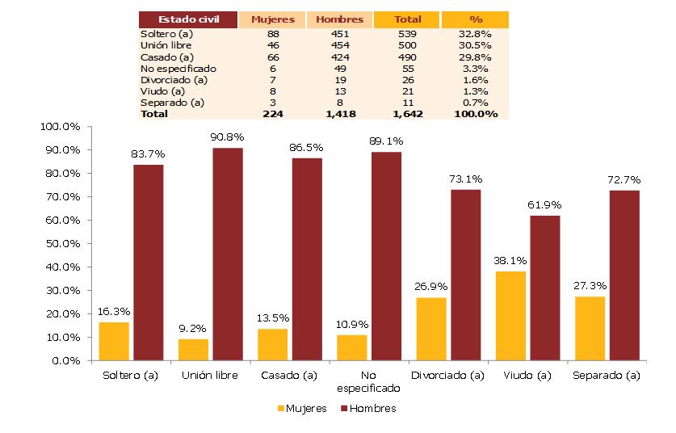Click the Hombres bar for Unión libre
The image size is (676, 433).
click(228, 254)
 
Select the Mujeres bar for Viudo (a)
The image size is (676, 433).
click(510, 316)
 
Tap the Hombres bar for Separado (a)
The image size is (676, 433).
click(624, 275)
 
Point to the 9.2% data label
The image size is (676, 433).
click(193, 329)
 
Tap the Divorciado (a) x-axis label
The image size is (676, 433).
click(447, 376)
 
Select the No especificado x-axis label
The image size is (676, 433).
click(368, 381)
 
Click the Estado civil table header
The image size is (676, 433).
click(187, 19)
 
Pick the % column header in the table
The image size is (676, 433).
click(475, 19)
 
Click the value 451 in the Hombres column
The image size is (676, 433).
click(339, 35)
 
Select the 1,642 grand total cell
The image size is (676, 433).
click(407, 114)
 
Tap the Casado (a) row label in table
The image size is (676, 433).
click(167, 57)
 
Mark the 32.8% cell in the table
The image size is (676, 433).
click(475, 35)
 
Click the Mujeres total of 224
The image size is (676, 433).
click(272, 114)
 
